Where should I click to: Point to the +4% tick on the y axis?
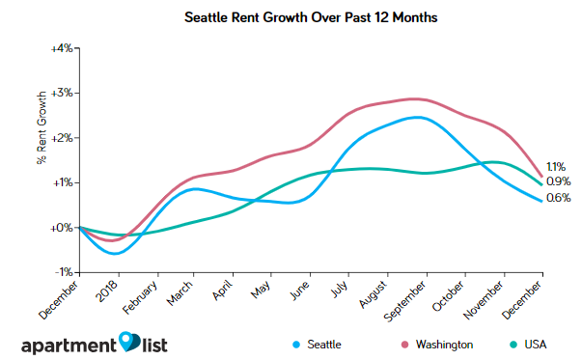click(x=61, y=47)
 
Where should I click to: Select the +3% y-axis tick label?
click(x=61, y=93)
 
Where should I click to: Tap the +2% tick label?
click(x=61, y=138)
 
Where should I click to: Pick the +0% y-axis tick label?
click(x=61, y=228)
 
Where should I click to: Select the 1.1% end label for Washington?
click(x=558, y=166)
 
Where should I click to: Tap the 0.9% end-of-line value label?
click(x=558, y=180)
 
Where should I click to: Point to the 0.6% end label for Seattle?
click(x=558, y=198)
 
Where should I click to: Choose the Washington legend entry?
click(x=438, y=344)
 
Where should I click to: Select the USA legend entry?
click(x=538, y=344)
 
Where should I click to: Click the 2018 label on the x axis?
click(x=107, y=291)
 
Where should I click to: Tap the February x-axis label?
click(x=141, y=296)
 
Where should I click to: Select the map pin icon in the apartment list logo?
click(x=129, y=341)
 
